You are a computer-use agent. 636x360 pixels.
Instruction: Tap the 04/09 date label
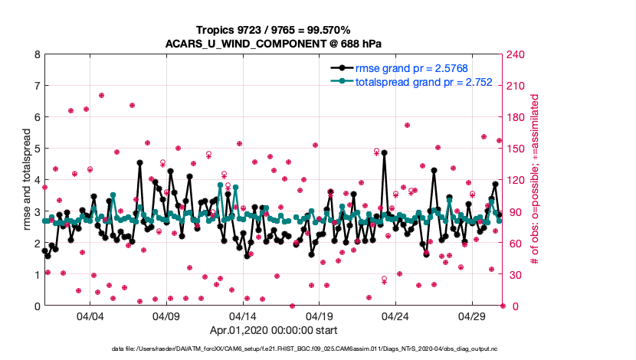166,316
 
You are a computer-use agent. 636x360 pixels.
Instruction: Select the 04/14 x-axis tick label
243,316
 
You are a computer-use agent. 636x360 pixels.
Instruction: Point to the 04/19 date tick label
319,316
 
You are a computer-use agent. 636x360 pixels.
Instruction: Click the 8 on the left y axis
36,54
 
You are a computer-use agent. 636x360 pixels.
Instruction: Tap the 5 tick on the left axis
36,149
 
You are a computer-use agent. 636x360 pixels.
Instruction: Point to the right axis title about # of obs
536,180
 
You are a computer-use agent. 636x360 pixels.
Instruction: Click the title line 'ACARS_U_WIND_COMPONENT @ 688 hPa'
274,43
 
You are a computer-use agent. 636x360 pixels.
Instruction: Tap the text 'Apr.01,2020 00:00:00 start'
274,331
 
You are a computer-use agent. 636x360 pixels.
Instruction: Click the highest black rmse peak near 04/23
384,152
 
